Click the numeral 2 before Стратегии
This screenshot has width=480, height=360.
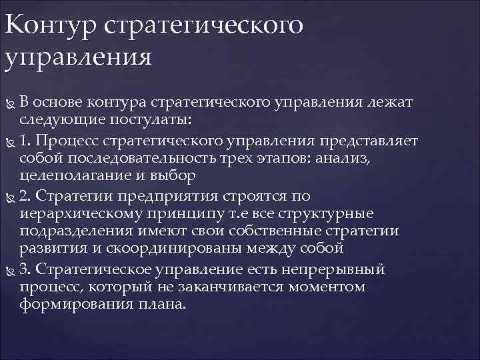pyautogui.click(x=24, y=196)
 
